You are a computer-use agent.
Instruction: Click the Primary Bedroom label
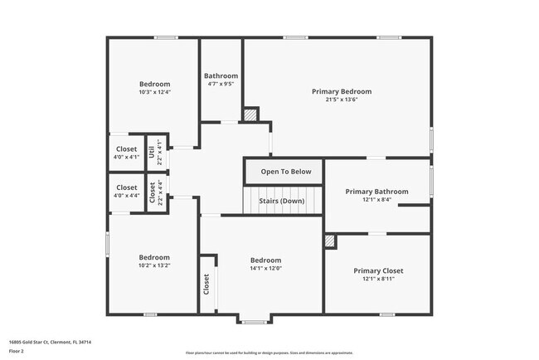coord(341,91)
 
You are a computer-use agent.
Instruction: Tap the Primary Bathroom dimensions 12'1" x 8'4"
coord(376,200)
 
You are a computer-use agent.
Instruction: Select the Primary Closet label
coord(377,270)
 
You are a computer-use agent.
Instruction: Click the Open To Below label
coord(286,172)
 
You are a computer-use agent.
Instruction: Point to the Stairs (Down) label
coord(281,201)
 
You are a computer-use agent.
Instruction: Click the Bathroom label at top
coord(221,75)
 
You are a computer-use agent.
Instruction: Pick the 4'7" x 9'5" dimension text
coord(221,84)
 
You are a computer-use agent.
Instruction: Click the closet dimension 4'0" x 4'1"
coord(127,158)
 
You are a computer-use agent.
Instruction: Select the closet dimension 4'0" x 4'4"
coord(127,196)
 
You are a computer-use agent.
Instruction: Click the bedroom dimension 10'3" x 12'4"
coord(154,92)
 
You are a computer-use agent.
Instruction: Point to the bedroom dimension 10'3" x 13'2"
coord(154,265)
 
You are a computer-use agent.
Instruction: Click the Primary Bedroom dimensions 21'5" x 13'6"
coord(341,100)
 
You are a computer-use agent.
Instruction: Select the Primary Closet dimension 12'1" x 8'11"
coord(377,280)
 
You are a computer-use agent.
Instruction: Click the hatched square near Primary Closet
coord(330,241)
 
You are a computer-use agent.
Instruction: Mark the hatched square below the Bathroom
coord(250,114)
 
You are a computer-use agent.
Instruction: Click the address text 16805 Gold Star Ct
coord(50,342)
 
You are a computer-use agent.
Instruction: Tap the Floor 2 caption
coord(17,350)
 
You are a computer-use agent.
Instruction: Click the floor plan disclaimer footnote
coord(269,353)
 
